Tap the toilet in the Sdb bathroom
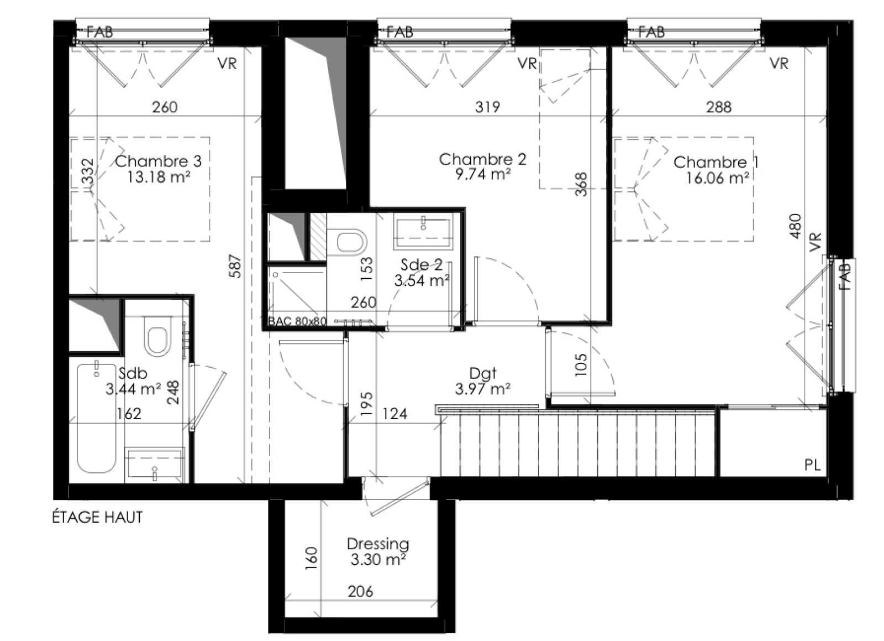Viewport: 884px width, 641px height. [157, 336]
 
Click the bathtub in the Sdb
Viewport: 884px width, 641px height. [97, 418]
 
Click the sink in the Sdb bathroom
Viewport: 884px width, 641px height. [155, 465]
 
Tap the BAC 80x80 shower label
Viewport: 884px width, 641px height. [298, 321]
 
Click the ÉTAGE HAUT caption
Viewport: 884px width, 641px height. [97, 517]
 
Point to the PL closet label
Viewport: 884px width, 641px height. [813, 465]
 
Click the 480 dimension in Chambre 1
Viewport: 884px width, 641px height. [796, 226]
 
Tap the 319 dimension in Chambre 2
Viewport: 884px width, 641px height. [487, 107]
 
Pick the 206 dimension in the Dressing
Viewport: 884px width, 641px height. [360, 591]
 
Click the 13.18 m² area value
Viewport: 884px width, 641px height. [158, 178]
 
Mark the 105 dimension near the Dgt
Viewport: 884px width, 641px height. [581, 364]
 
